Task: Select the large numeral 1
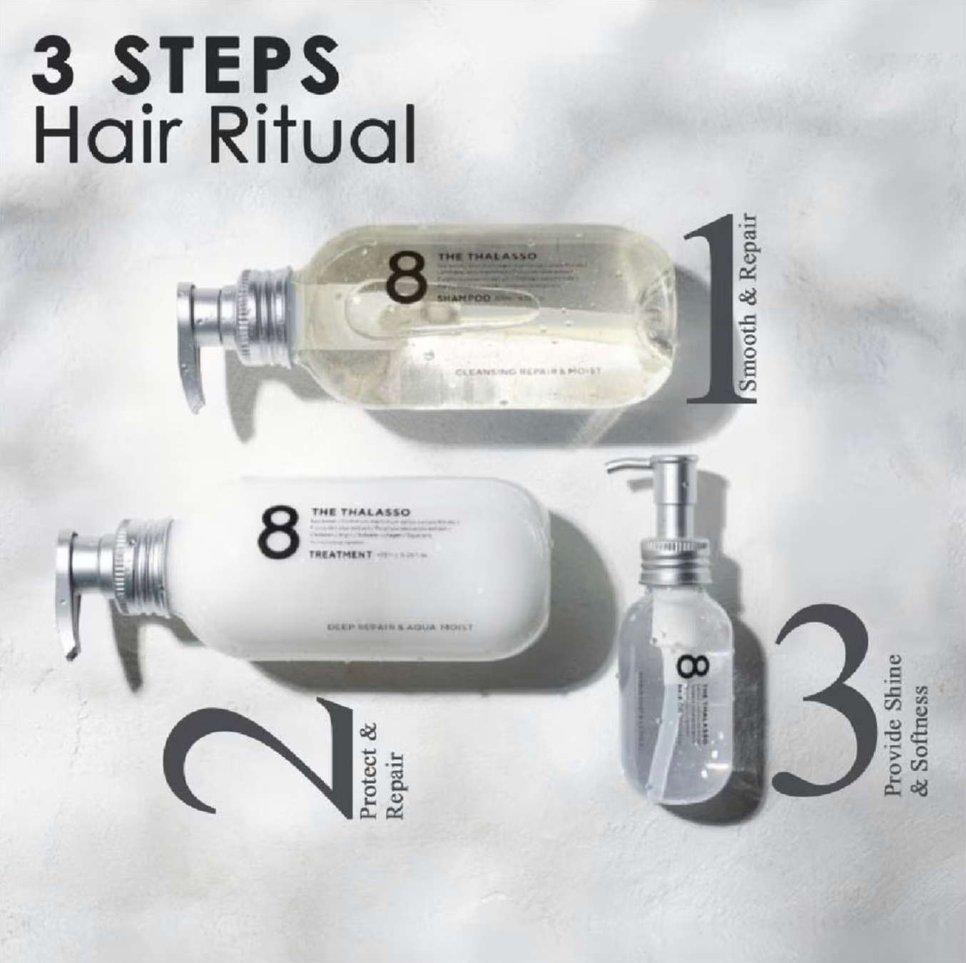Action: click(x=713, y=314)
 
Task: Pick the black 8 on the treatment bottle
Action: click(x=278, y=531)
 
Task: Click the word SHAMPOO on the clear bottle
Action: click(x=463, y=297)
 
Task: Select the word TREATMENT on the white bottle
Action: click(x=340, y=554)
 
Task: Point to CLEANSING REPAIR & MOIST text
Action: click(x=528, y=371)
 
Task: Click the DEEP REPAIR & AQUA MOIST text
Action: click(x=400, y=628)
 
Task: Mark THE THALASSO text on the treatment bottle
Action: click(x=360, y=512)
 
